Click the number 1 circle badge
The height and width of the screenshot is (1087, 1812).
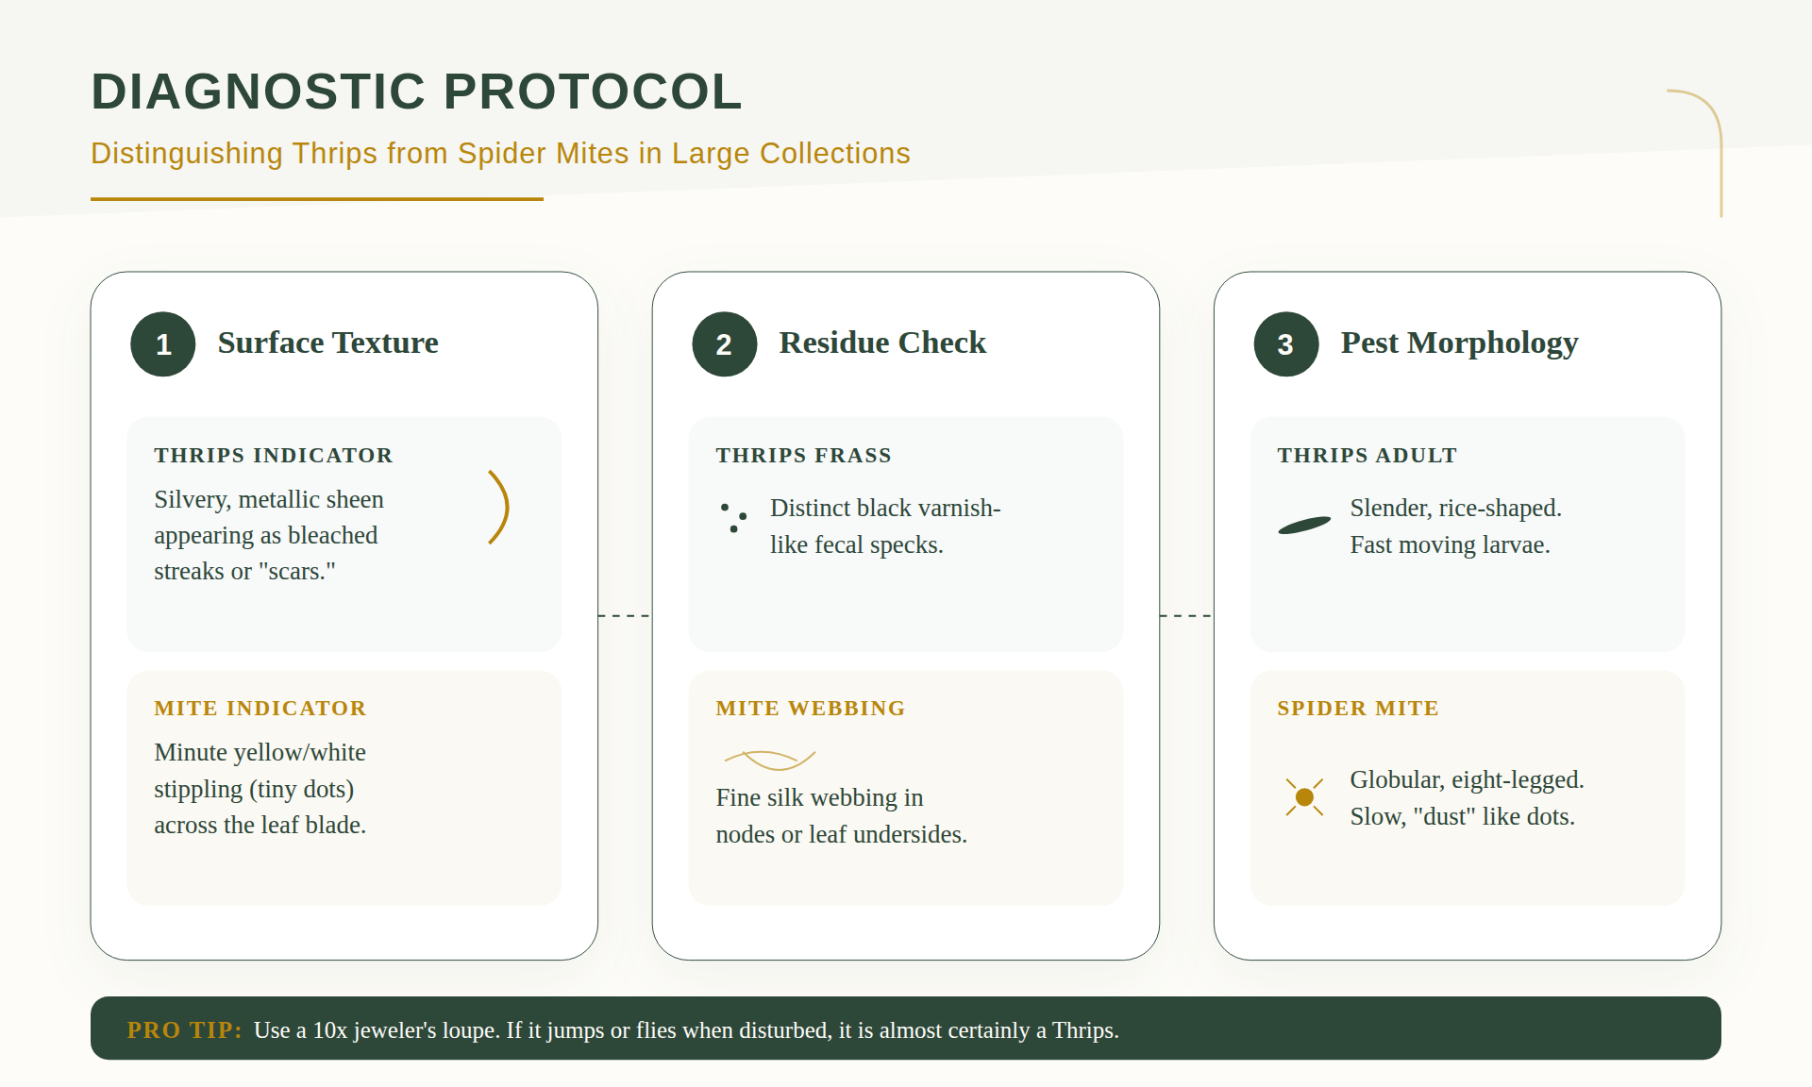(x=163, y=344)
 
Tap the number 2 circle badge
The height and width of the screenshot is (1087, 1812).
(x=725, y=344)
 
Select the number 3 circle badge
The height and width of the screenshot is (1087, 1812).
(x=1286, y=344)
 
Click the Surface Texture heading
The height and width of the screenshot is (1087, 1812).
(x=327, y=343)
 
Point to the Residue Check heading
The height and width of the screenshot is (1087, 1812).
(x=882, y=343)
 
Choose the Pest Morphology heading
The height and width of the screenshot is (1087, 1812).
(x=1459, y=343)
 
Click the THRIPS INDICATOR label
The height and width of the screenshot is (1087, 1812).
(x=273, y=455)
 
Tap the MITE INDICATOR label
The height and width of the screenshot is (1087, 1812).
(x=260, y=708)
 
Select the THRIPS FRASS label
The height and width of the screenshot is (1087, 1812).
(x=803, y=455)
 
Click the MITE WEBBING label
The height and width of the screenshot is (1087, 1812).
(x=810, y=708)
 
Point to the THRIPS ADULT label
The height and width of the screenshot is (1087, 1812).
(x=1367, y=455)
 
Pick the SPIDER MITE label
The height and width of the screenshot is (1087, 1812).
(x=1357, y=708)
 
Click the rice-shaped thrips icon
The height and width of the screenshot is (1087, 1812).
(x=1304, y=526)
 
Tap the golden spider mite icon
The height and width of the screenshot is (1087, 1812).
(x=1304, y=797)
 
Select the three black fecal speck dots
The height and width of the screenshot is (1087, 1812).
(x=733, y=517)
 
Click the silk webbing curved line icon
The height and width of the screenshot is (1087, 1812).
(x=769, y=759)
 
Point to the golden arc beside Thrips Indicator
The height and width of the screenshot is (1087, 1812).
(x=507, y=508)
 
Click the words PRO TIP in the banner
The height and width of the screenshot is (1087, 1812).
(x=184, y=1029)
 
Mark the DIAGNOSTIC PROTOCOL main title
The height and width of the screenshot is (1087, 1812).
(x=416, y=92)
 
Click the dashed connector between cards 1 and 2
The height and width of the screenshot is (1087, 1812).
(x=625, y=616)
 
